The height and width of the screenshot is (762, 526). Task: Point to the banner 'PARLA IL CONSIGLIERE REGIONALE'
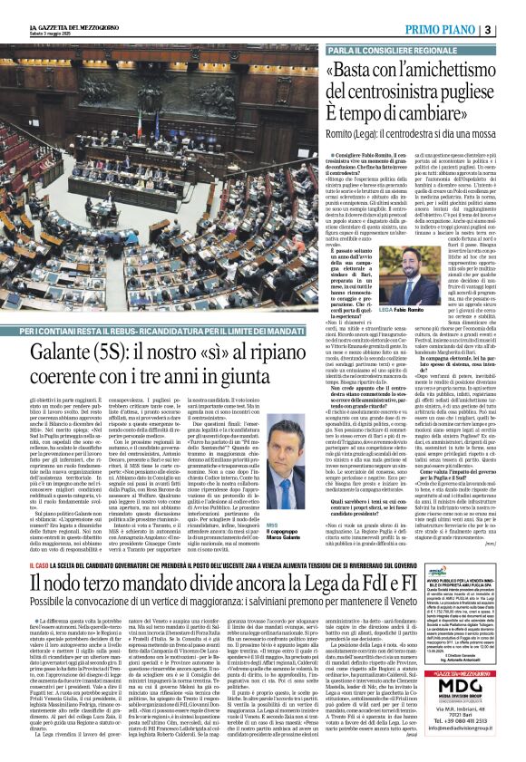[388, 51]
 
